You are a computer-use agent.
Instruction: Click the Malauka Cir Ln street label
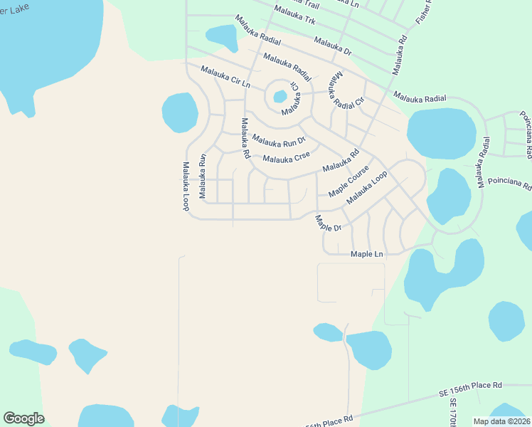click(226, 76)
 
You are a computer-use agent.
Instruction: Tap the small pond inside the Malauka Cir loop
click(280, 95)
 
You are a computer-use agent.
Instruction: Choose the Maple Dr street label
click(329, 223)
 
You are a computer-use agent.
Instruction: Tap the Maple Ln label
click(367, 254)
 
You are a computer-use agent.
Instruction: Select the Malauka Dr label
click(332, 47)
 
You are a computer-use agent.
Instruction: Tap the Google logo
click(23, 418)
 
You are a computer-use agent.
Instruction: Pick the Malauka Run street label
click(203, 176)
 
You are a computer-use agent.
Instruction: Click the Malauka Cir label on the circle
click(292, 104)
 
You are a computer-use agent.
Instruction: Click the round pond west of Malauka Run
click(180, 112)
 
